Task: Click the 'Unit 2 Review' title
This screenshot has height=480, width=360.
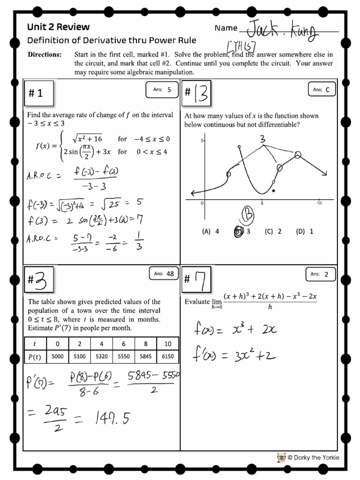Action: point(58,27)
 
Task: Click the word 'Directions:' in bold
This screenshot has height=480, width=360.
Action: point(44,55)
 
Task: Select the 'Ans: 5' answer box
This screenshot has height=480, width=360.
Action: point(162,90)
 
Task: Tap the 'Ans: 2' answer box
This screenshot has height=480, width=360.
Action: point(322,274)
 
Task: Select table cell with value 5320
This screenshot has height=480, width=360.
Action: point(102,357)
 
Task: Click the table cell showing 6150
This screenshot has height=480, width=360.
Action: point(167,357)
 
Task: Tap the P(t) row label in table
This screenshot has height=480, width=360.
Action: point(35,357)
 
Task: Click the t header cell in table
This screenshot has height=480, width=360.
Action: point(35,344)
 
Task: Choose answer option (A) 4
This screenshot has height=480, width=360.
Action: point(210,231)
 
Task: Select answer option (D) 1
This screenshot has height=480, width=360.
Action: point(304,231)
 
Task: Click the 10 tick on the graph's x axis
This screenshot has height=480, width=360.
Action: point(319,203)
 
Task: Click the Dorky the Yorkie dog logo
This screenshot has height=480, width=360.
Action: point(281,457)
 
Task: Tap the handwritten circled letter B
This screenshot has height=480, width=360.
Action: point(247,217)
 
